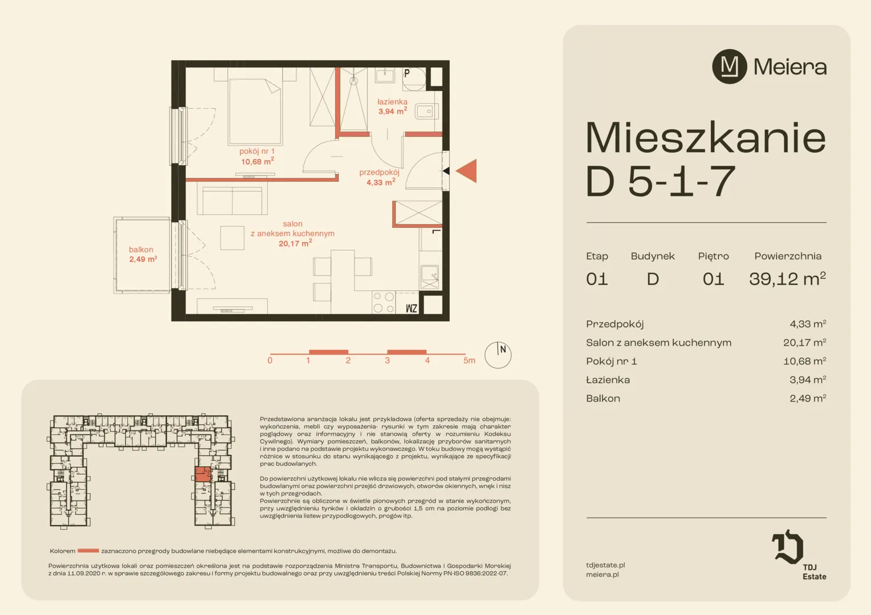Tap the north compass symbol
click(x=498, y=355)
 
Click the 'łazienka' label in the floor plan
click(x=392, y=102)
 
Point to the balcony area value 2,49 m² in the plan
click(x=143, y=259)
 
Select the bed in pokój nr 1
click(x=255, y=111)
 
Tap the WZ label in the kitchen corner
click(x=412, y=309)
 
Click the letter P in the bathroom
click(x=407, y=73)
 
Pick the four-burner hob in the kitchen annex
click(x=384, y=302)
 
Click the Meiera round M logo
click(x=730, y=67)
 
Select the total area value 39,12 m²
click(x=787, y=278)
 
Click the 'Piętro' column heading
click(x=714, y=256)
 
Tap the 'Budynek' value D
click(x=653, y=279)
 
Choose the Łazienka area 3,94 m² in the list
click(x=808, y=380)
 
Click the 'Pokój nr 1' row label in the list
click(x=611, y=361)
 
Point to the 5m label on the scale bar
click(x=469, y=360)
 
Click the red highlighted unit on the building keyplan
click(x=202, y=474)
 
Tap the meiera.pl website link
click(x=603, y=574)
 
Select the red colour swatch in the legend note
click(x=88, y=551)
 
